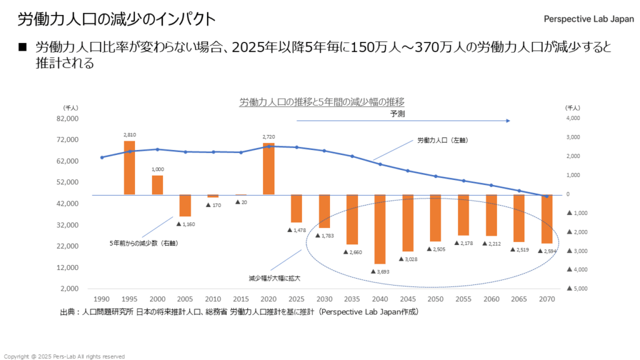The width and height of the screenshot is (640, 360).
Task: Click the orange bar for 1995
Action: click(x=129, y=167)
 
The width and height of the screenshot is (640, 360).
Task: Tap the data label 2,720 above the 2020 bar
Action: click(x=269, y=136)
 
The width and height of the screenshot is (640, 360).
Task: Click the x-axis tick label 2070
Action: click(x=547, y=299)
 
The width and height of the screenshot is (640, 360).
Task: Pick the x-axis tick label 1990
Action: click(x=101, y=299)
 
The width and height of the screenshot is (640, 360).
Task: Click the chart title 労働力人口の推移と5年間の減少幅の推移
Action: click(x=322, y=102)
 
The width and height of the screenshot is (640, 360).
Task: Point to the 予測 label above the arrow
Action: click(x=397, y=114)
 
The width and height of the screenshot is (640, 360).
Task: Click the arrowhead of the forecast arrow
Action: click(x=509, y=121)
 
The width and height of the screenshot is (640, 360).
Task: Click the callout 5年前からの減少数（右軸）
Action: click(x=144, y=242)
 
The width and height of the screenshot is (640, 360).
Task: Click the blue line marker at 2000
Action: click(x=157, y=149)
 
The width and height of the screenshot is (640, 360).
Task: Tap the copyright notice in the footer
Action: click(x=64, y=356)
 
